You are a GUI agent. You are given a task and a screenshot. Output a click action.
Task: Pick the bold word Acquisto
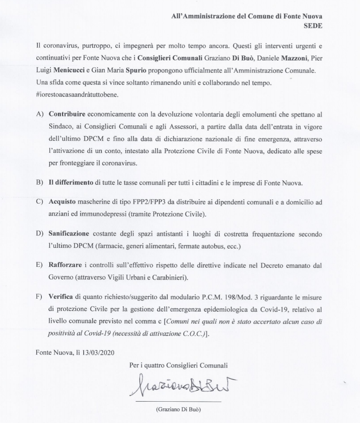coord(61,202)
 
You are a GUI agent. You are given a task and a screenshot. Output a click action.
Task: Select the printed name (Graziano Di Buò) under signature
coord(178,409)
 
